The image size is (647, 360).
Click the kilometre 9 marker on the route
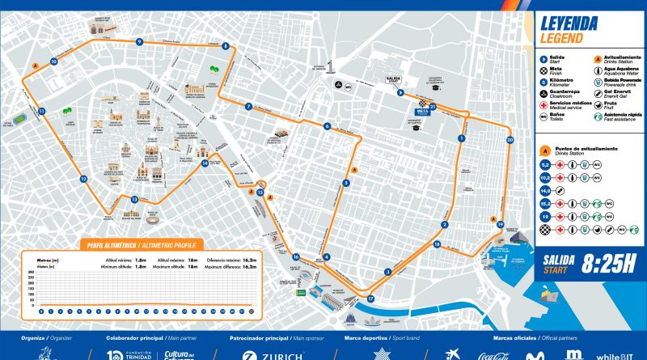[139, 41]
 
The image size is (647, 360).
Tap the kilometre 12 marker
[82, 179]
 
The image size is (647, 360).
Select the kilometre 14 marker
[205, 163]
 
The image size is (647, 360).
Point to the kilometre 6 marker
[328, 125]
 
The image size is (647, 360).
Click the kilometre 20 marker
[510, 140]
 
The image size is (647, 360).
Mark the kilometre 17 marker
[370, 299]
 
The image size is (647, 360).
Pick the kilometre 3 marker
[388, 272]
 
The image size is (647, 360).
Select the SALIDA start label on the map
[393, 80]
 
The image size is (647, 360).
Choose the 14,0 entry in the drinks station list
[545, 191]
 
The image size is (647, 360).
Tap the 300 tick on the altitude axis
[31, 277]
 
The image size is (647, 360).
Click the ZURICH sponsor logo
[270, 354]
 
